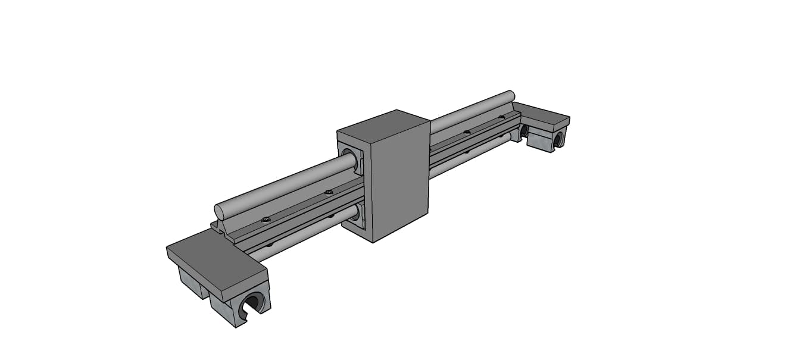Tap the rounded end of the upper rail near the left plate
point(219,212)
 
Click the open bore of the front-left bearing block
point(252,303)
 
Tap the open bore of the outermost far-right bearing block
point(558,140)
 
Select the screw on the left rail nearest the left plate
point(266,220)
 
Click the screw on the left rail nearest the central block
point(328,192)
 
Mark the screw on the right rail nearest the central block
point(467,132)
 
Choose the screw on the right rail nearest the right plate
point(501,117)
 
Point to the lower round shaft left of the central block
point(298,235)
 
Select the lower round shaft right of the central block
point(464,156)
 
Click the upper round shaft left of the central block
point(286,184)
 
